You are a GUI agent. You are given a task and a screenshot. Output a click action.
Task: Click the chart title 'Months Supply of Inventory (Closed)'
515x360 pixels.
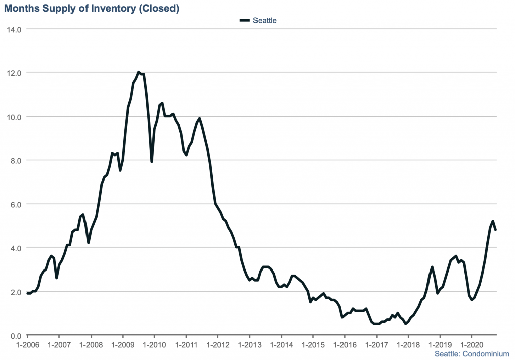point(92,8)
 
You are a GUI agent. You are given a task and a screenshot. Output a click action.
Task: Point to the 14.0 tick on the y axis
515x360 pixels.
point(13,29)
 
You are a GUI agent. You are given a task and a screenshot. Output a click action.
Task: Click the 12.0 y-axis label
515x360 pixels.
point(13,73)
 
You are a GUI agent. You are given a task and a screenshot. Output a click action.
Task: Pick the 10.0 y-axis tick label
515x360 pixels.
point(13,117)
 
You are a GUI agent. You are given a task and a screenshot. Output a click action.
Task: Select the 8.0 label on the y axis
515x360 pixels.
point(15,160)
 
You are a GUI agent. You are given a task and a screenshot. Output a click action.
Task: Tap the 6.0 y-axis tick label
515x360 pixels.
point(15,204)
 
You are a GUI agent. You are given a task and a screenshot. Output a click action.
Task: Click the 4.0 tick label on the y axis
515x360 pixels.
point(15,248)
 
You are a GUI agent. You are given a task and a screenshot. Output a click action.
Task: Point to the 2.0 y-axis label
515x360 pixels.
point(15,292)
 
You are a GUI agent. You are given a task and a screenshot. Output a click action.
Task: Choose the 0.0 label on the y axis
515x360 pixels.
point(15,335)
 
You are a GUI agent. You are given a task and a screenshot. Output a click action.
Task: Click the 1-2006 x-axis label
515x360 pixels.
point(27,345)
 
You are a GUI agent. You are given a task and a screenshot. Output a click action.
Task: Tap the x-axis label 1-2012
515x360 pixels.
point(218,345)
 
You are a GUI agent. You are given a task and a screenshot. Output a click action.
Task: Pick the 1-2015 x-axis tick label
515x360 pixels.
point(313,345)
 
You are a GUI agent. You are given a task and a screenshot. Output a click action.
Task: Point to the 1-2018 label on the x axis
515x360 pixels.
point(408,345)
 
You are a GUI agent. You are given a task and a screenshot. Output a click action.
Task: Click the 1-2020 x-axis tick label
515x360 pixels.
point(471,345)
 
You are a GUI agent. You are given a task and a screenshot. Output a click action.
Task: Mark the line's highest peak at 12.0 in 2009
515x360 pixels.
point(138,72)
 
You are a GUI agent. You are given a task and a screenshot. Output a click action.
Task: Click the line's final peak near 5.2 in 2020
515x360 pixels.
point(493,221)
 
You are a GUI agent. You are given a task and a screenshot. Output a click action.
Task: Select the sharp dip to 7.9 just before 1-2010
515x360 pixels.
point(152,161)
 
